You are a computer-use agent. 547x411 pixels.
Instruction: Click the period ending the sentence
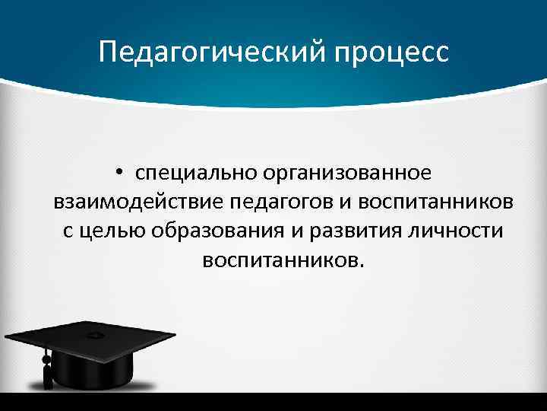(362, 266)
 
